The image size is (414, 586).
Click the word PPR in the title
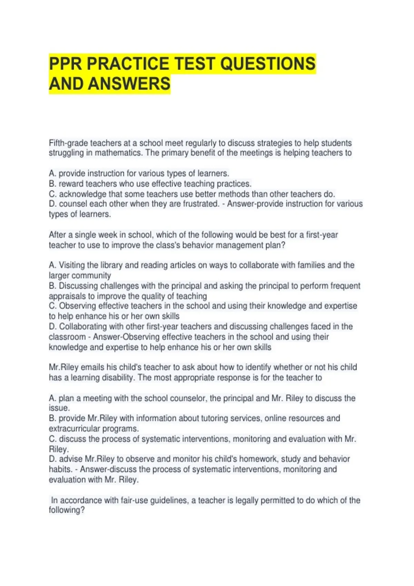[66, 64]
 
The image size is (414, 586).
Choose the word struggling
[66, 153]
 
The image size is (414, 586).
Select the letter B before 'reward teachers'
[52, 184]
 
